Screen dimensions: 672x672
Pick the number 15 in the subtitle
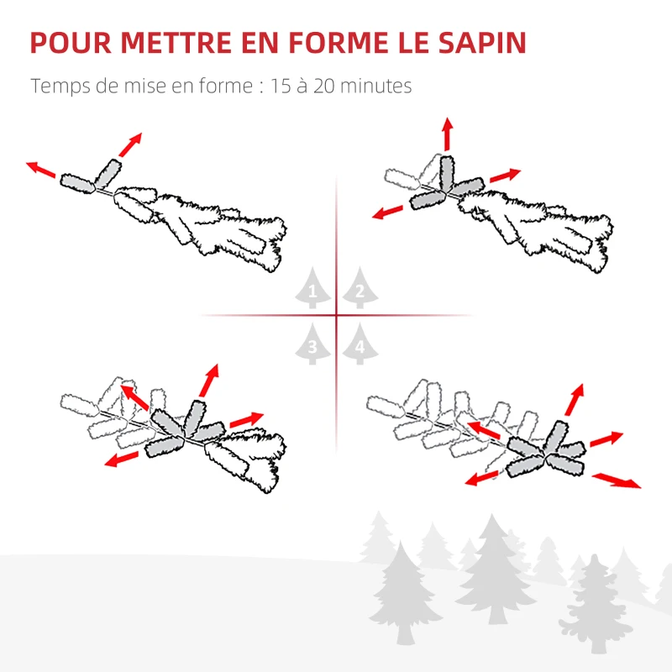[281, 87]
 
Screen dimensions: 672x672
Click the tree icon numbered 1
[313, 290]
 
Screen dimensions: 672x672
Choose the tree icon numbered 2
[359, 290]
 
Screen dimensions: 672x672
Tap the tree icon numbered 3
[313, 344]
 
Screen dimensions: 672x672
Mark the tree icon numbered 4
[360, 344]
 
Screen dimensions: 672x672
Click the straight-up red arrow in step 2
[447, 135]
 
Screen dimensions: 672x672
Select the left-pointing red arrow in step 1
[41, 170]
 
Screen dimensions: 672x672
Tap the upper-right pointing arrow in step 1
[129, 144]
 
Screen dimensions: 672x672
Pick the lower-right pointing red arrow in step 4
[617, 480]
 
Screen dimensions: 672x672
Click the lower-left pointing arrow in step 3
[123, 459]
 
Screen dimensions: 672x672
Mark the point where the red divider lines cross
[336, 316]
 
